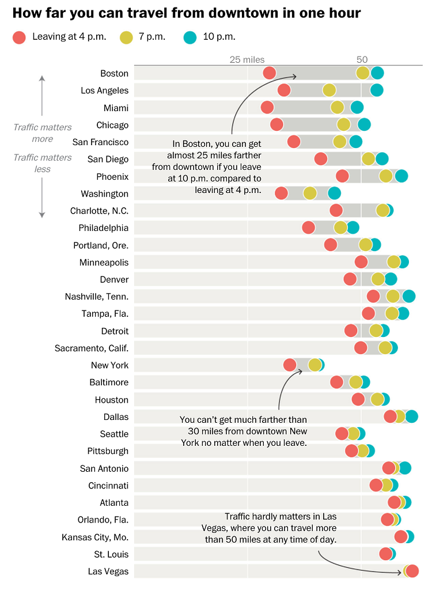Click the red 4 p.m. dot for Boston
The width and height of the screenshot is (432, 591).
[x=269, y=73]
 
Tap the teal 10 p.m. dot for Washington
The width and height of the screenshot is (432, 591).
[x=334, y=194]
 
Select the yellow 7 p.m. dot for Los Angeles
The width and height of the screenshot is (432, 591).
[x=329, y=90]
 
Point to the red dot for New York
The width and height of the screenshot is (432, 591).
[x=290, y=365]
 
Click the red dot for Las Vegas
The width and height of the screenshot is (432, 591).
[x=412, y=571]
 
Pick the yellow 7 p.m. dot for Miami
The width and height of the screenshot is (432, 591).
[x=337, y=107]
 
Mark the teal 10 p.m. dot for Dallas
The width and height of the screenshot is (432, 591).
[x=411, y=416]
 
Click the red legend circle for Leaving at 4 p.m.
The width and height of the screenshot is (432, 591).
[x=19, y=37]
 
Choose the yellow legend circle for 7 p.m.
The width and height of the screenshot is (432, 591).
[x=126, y=37]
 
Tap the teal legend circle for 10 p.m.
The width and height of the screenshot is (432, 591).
[x=190, y=37]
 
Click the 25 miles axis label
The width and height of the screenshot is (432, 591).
[x=247, y=59]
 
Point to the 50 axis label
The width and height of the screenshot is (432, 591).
[x=362, y=59]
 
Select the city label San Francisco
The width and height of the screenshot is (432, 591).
[x=100, y=142]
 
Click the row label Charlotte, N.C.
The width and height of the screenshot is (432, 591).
[x=99, y=211]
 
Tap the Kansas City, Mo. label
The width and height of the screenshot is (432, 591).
[x=95, y=537]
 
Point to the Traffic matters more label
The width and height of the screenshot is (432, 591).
[x=43, y=133]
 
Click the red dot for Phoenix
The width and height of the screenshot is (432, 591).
[x=342, y=176]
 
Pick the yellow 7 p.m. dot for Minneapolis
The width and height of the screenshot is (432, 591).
[x=393, y=262]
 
